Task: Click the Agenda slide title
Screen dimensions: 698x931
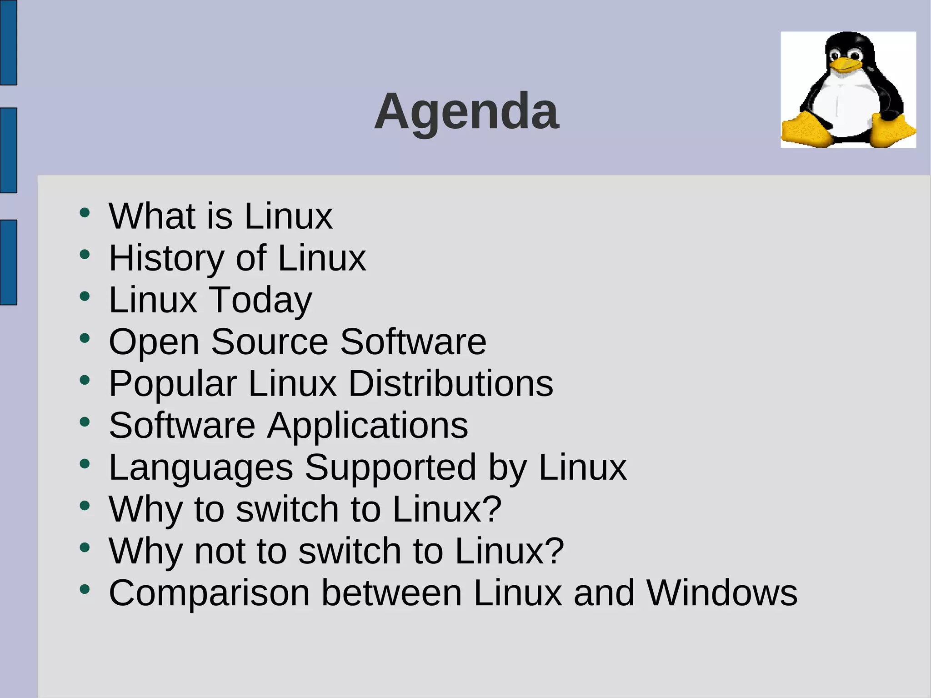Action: coord(466,111)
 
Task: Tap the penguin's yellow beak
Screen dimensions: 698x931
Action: coord(845,65)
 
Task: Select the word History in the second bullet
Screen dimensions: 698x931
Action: coord(166,258)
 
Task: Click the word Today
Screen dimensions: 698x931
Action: coord(260,301)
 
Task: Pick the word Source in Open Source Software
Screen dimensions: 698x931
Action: coord(270,342)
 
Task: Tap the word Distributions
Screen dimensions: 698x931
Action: coord(450,384)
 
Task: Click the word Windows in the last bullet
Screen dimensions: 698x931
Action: coord(722,593)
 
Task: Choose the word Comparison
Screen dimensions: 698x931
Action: coord(209,594)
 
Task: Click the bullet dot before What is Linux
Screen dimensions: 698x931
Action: coord(85,213)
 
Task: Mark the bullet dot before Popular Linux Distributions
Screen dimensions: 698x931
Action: coord(85,380)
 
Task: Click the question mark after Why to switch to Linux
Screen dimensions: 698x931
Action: coord(492,509)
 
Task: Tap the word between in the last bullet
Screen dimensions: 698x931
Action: coord(391,593)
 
